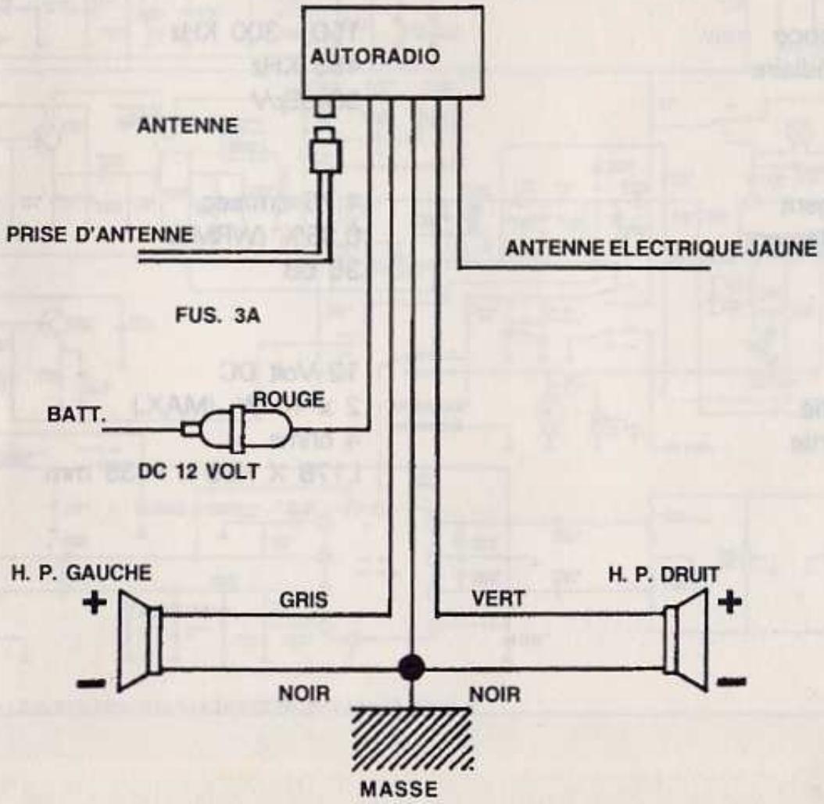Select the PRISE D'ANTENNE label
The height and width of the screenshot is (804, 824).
(99, 235)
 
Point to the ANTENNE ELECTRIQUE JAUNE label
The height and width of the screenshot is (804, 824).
(661, 248)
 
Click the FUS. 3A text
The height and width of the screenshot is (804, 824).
(219, 318)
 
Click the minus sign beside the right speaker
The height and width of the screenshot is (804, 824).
(732, 679)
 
